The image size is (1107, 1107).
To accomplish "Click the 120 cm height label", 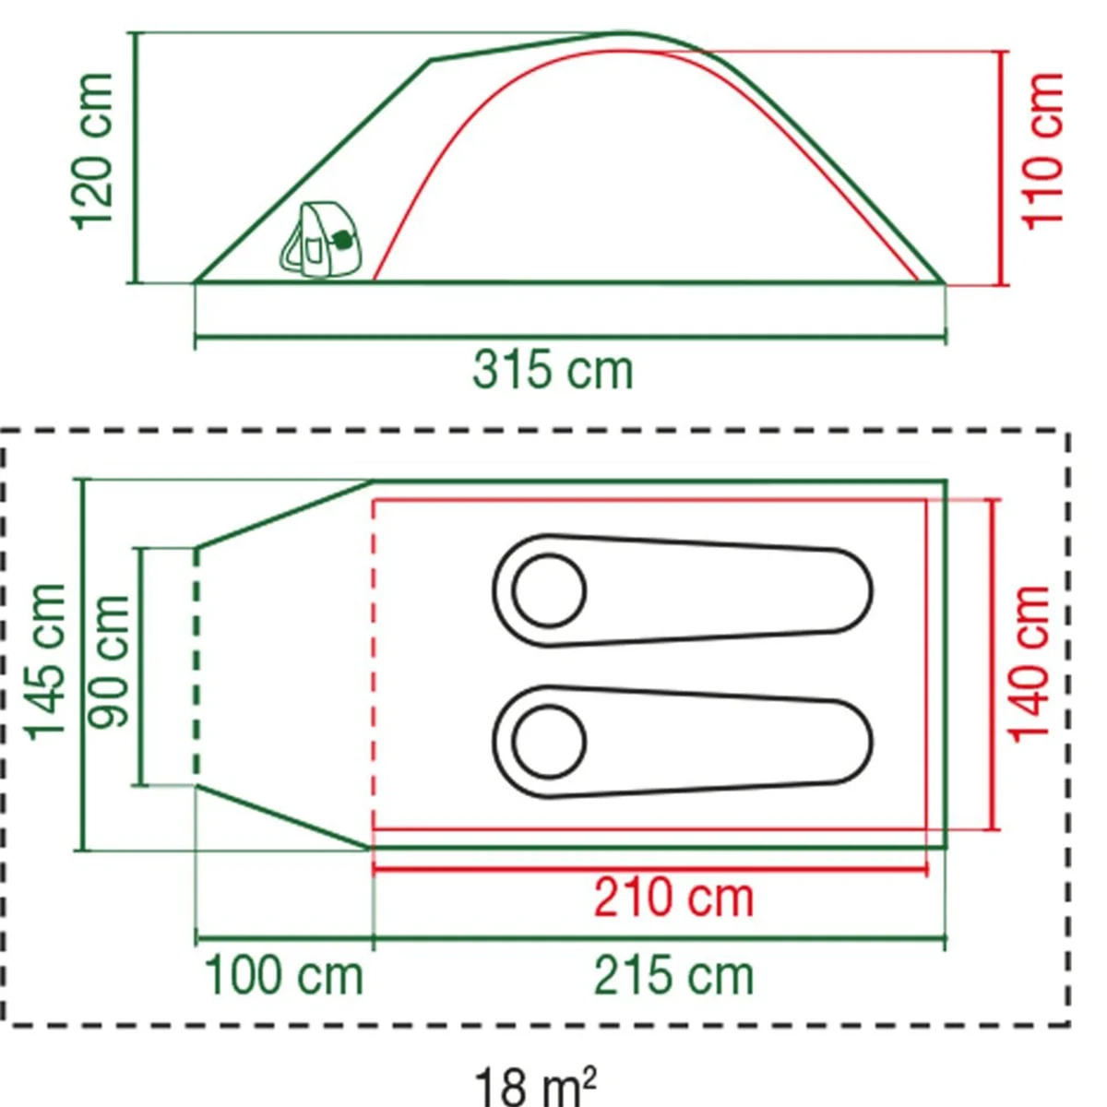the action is click(x=92, y=151).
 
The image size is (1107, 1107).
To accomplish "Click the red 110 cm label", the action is click(x=1042, y=151).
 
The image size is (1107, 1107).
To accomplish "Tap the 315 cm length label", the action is click(x=553, y=371).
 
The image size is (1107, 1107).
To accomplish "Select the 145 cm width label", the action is click(x=45, y=662).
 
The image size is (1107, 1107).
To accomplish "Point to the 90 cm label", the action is click(x=109, y=662).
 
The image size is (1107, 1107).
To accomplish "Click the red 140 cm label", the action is click(x=1029, y=664).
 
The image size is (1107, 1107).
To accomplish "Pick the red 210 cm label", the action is click(x=673, y=898).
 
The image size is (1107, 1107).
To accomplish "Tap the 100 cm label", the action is click(x=284, y=975).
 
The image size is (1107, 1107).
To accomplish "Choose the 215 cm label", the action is click(x=673, y=975).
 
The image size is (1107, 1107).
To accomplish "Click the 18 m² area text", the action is click(x=535, y=1085).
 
